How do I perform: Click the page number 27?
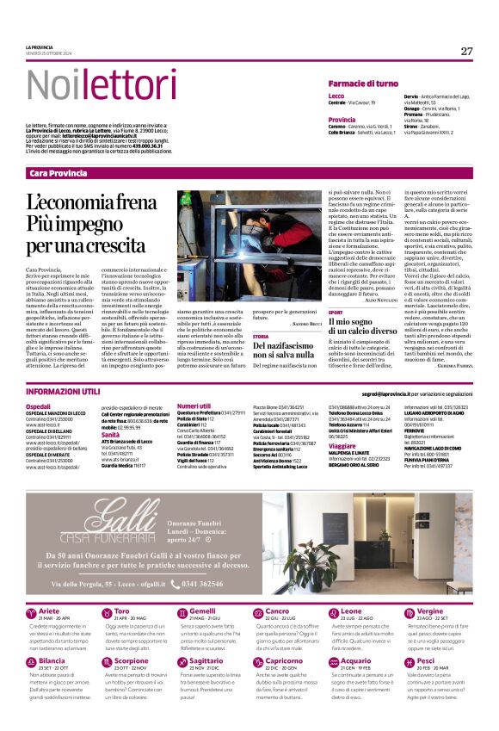tap(466, 51)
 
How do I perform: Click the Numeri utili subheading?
tap(193, 405)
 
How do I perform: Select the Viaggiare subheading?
tap(344, 446)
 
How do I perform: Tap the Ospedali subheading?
tap(38, 405)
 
